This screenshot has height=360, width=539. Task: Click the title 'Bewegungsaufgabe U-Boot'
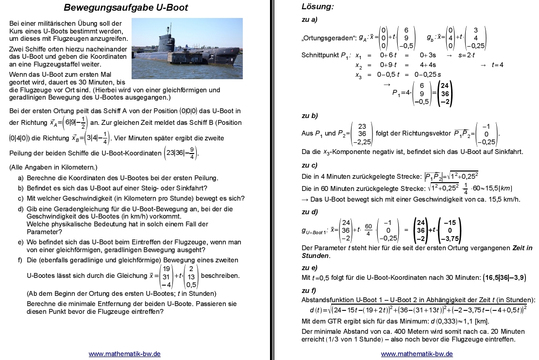click(x=126, y=8)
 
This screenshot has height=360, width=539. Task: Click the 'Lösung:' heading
click(x=318, y=7)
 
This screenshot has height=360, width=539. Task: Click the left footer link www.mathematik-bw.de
click(x=125, y=354)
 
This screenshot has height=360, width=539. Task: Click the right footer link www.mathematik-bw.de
click(x=417, y=354)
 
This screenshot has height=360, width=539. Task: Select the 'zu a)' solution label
click(x=310, y=20)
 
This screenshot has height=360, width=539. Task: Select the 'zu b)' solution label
click(x=310, y=116)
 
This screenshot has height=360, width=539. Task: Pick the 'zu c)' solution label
click(x=310, y=165)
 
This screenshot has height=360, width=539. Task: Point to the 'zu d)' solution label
click(x=310, y=212)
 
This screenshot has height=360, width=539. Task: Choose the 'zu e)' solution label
click(x=310, y=268)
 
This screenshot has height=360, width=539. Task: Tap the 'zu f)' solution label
click(x=309, y=291)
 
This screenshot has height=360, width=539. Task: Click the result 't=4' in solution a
click(x=498, y=65)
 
